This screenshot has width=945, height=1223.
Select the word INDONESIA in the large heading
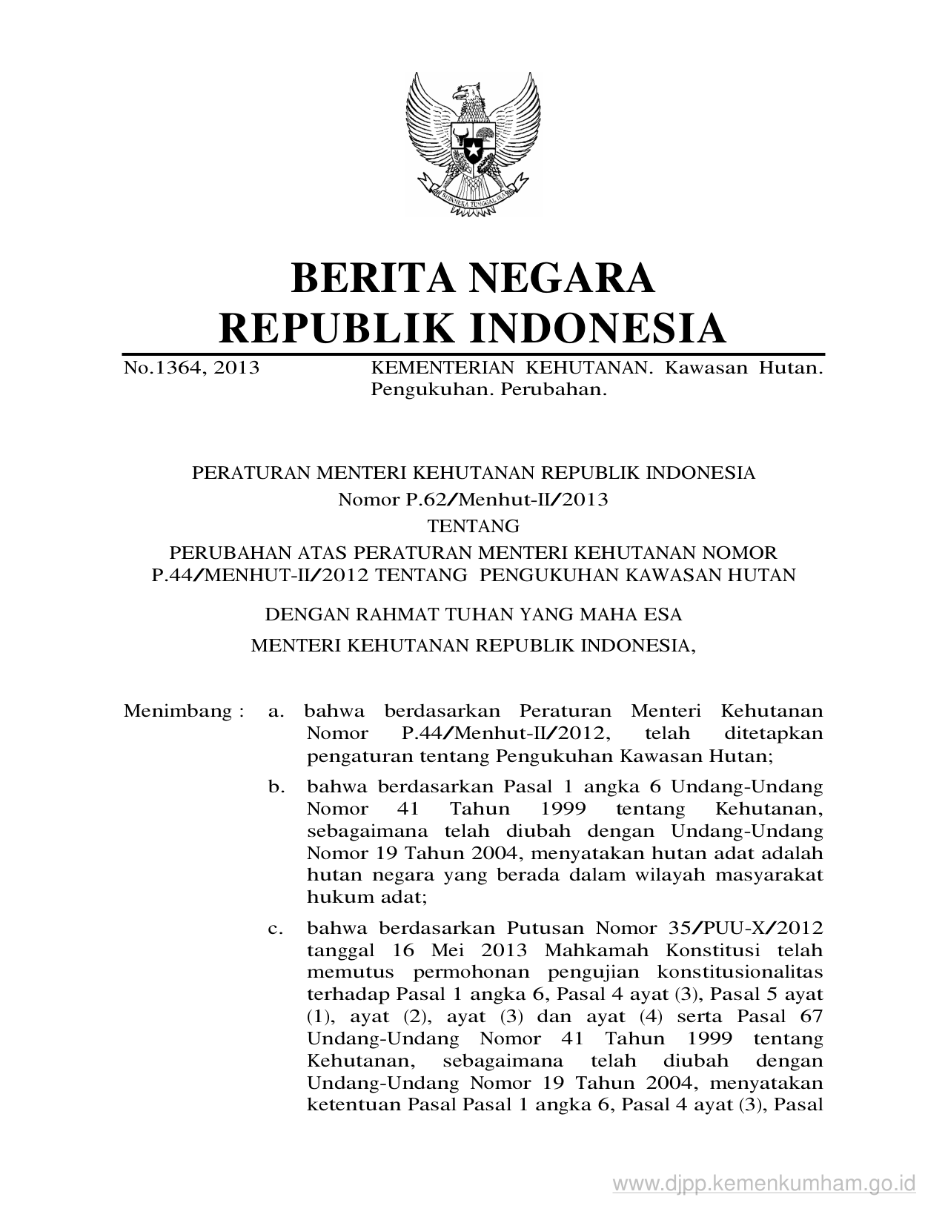(599, 328)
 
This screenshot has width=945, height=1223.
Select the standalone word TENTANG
(474, 526)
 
